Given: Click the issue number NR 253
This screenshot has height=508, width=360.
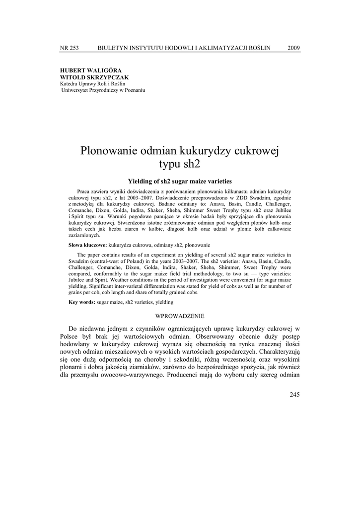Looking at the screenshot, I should pos(69,48).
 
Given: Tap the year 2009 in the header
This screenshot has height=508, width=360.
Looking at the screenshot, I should pos(293,48).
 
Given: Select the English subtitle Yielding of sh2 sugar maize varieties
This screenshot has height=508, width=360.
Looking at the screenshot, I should pos(180,182).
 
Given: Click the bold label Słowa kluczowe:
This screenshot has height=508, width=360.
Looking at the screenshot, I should pos(87,245).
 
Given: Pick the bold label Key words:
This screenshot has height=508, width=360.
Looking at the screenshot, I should pos(82,302).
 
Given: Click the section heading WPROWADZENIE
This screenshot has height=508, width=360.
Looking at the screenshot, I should pos(180,316).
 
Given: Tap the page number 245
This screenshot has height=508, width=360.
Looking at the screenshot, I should pos(294,395).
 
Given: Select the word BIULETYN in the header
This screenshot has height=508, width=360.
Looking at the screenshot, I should pos(115,48).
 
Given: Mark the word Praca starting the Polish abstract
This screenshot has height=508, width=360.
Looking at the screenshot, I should pos(85,191).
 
